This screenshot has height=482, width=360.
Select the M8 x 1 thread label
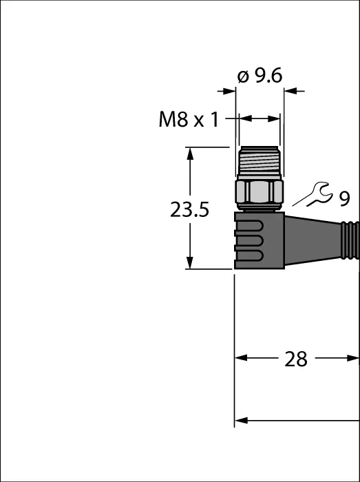click(x=189, y=119)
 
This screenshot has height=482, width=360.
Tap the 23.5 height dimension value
click(x=189, y=210)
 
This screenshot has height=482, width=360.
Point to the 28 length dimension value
click(x=296, y=359)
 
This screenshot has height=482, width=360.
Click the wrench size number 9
click(x=345, y=198)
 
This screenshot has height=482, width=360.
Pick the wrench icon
click(x=313, y=195)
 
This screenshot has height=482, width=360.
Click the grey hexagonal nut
click(x=260, y=191)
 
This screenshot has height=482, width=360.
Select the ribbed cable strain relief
click(x=350, y=240)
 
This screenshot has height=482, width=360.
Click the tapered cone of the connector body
click(x=313, y=240)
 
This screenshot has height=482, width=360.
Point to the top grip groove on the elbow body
click(x=248, y=226)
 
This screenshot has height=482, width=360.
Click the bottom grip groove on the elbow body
click(x=248, y=255)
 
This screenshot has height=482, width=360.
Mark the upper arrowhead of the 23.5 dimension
click(x=190, y=154)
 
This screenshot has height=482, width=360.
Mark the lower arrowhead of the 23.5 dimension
click(x=190, y=262)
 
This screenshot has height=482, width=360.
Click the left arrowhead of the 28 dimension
click(x=241, y=358)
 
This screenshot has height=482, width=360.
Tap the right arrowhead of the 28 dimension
click(x=352, y=358)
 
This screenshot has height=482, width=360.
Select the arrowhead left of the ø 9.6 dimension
click(x=229, y=91)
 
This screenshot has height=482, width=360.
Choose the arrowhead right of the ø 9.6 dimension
click(x=290, y=91)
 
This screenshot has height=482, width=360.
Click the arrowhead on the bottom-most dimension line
click(x=241, y=421)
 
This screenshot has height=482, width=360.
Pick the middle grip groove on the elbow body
click(x=248, y=241)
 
